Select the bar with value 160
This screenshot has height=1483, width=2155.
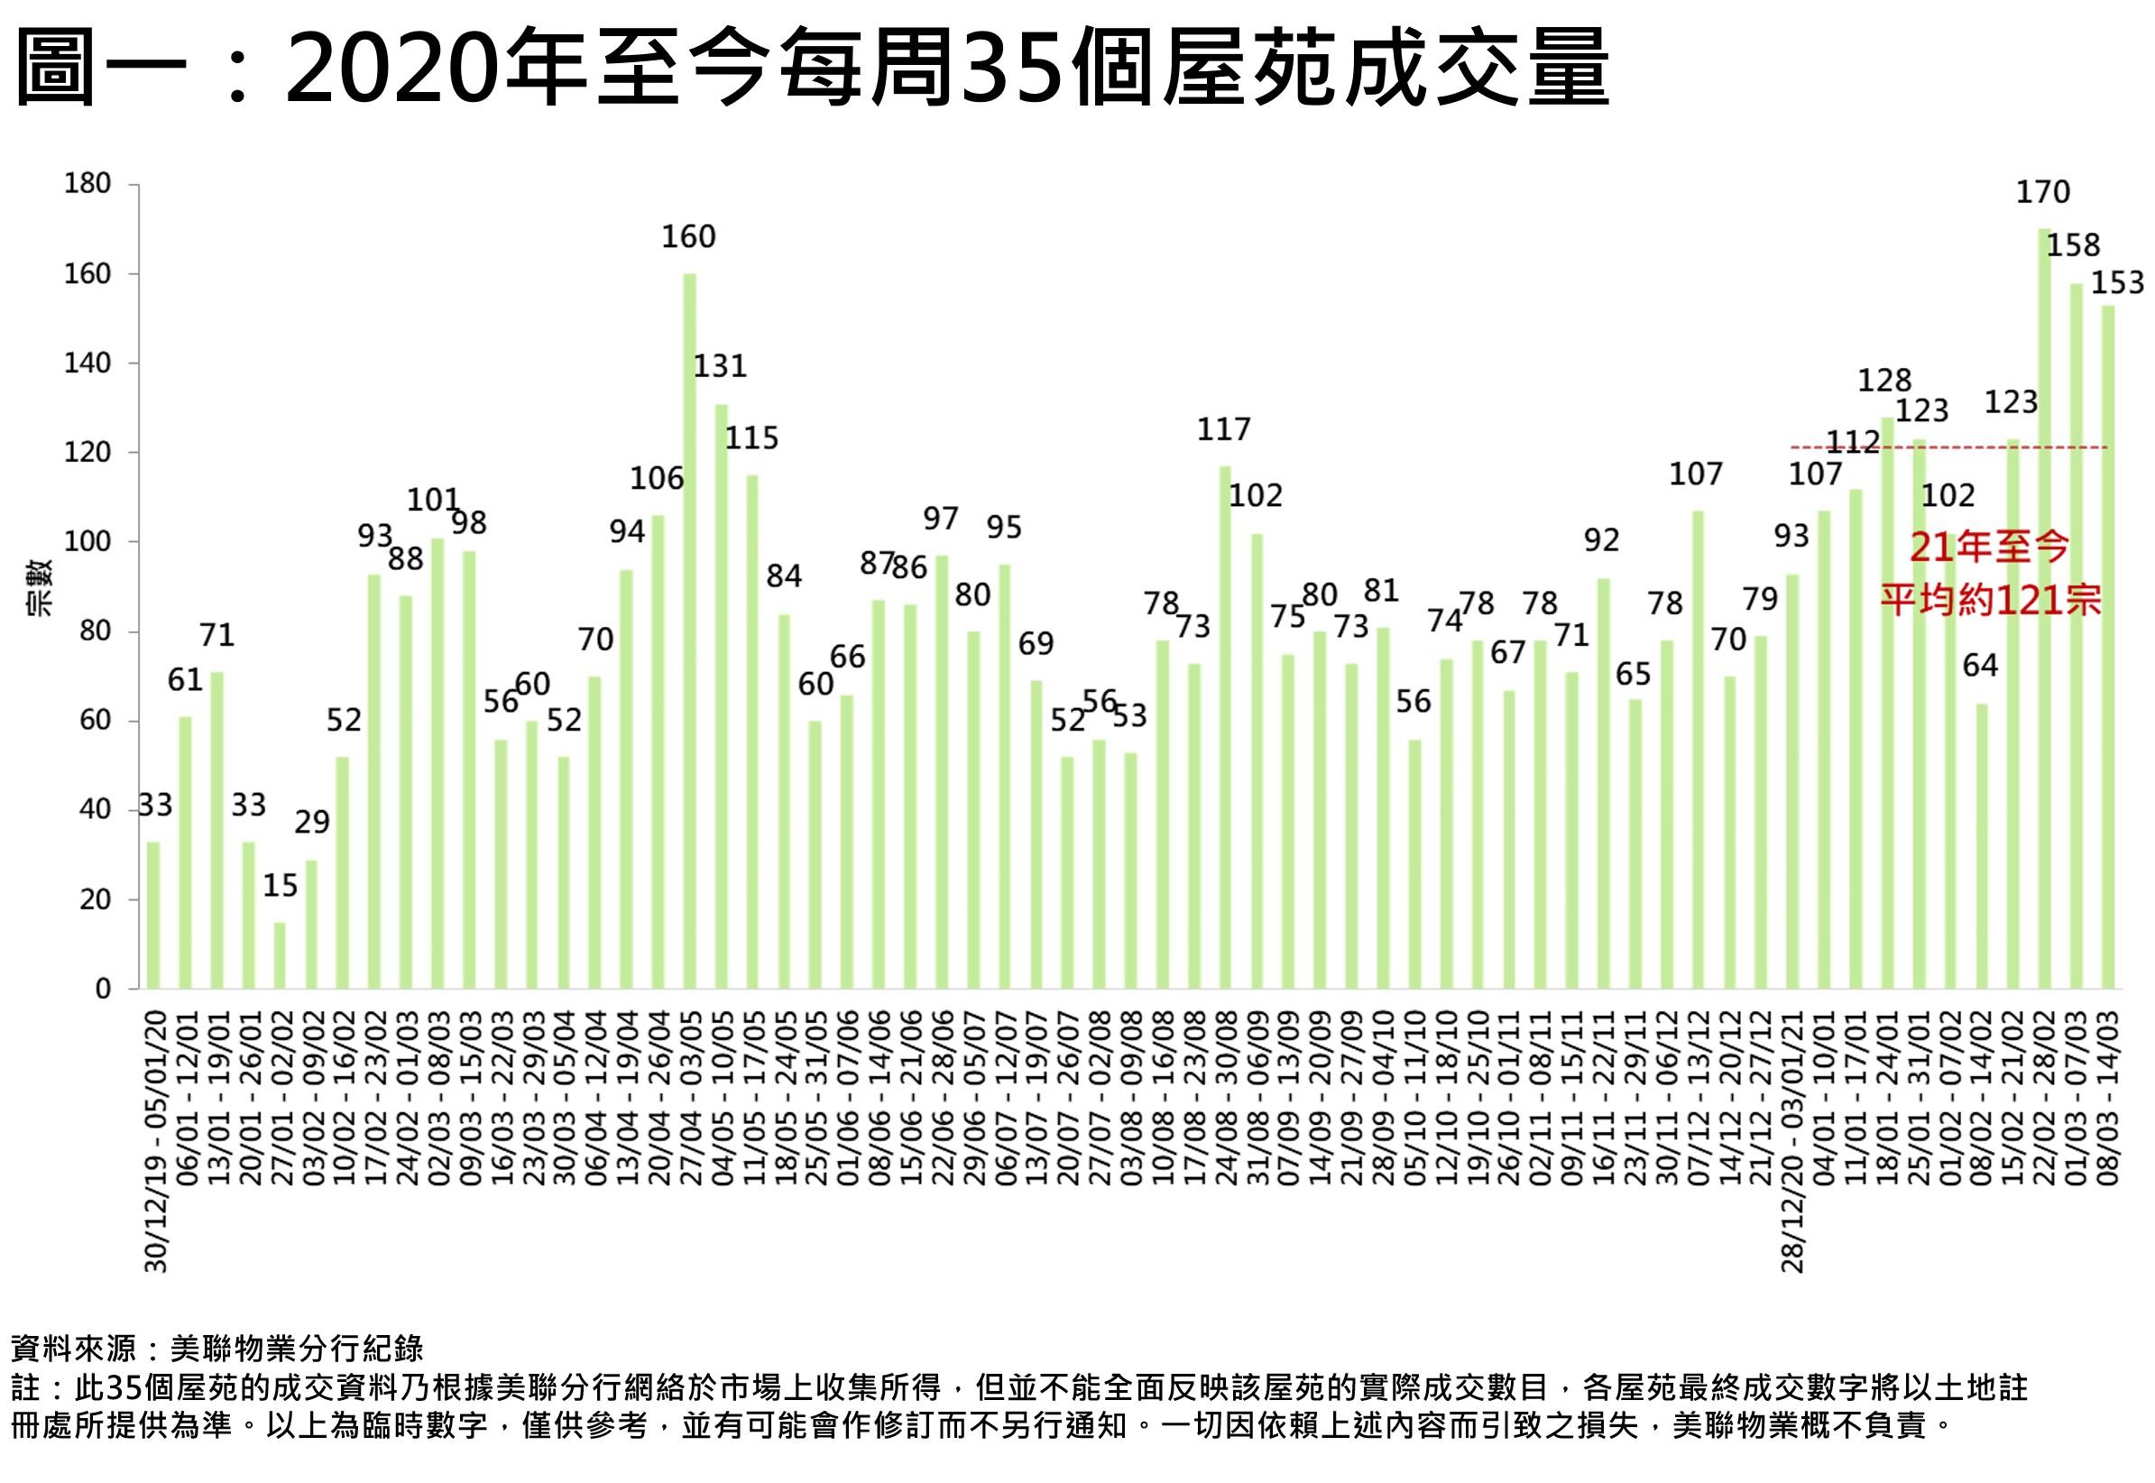689,631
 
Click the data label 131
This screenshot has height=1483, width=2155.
720,366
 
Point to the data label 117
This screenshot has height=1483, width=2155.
1224,429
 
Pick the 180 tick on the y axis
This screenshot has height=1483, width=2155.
87,184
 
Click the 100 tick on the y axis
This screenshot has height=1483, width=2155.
87,542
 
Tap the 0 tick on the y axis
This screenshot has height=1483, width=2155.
103,989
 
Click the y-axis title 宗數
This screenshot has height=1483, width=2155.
39,587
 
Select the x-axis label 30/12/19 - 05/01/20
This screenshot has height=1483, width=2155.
156,1141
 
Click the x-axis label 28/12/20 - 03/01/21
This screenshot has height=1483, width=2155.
1792,1141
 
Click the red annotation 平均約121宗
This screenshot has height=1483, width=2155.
1991,600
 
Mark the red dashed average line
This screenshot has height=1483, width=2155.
1951,447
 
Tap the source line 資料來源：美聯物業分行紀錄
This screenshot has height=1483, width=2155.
216,1349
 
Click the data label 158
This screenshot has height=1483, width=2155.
2073,245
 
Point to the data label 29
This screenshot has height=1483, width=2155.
312,823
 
